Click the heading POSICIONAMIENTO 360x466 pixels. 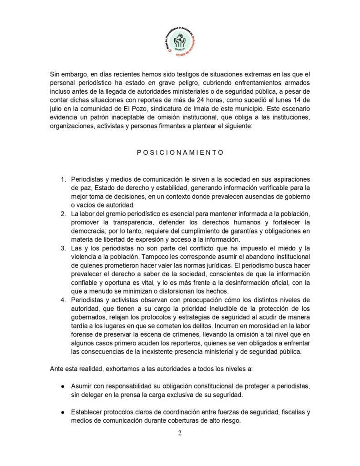coord(180,152)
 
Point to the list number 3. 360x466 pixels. coord(63,248)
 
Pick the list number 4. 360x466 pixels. coord(63,300)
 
